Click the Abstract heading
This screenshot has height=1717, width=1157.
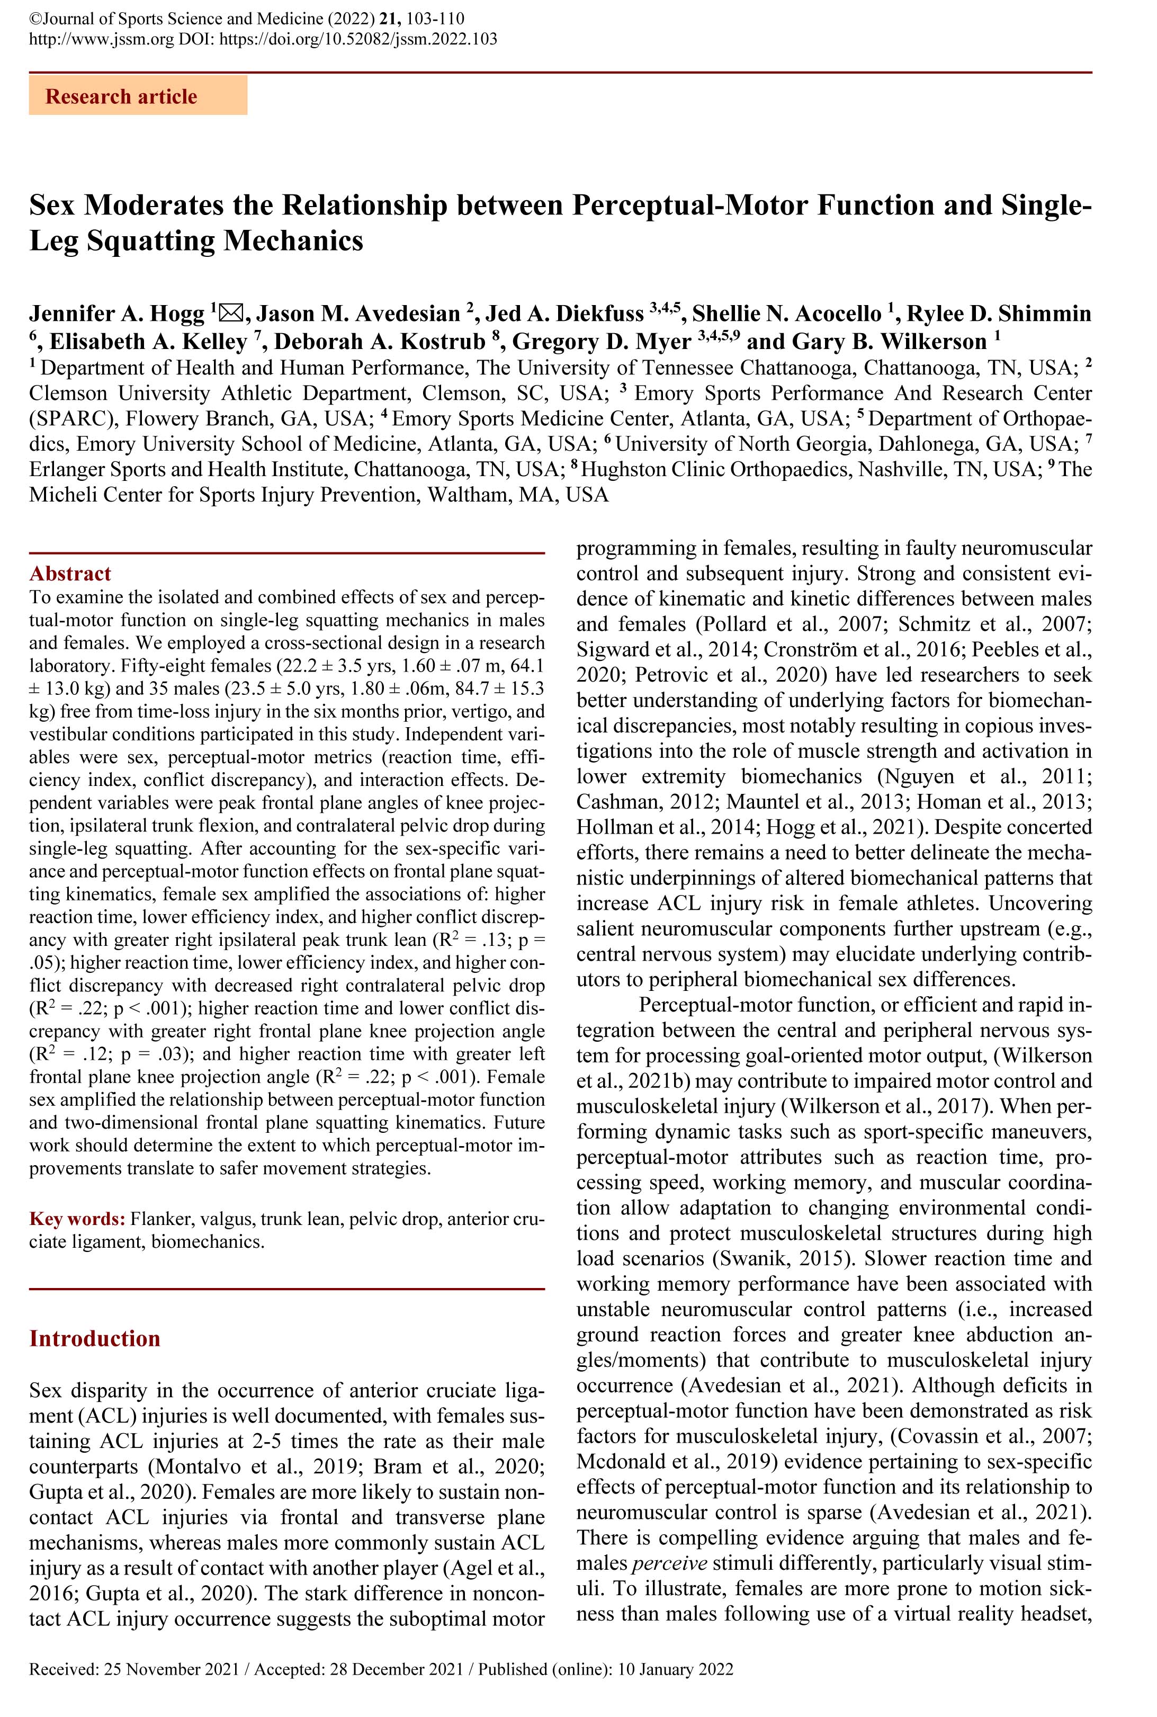(70, 574)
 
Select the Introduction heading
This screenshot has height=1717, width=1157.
(94, 1338)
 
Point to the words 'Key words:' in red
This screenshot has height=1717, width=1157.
(77, 1218)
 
